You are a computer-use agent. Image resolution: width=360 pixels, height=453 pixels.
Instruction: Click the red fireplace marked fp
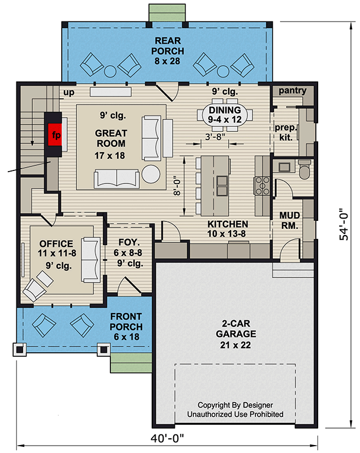[55, 134]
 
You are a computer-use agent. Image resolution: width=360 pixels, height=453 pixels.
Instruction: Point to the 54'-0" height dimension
[344, 224]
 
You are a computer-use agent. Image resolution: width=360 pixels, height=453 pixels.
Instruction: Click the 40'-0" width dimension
[167, 438]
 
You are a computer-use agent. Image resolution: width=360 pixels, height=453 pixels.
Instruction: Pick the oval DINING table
[225, 114]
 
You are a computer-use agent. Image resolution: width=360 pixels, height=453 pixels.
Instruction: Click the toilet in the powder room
[305, 169]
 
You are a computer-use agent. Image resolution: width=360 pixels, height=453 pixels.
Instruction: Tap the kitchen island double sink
[222, 186]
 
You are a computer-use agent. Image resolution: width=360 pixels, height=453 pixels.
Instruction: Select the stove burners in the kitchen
[262, 186]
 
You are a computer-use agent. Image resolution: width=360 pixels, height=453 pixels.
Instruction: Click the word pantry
[293, 91]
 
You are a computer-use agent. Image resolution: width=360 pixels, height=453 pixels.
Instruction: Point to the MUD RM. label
[290, 220]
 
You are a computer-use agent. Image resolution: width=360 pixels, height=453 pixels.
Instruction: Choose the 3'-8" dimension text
[215, 136]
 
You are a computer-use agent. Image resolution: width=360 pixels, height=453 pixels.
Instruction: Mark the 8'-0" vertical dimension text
[177, 187]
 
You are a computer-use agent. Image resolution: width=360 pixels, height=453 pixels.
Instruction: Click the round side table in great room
[151, 174]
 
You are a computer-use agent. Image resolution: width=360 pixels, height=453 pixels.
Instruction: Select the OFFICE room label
[56, 243]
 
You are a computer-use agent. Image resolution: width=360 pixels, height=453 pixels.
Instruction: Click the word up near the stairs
[68, 92]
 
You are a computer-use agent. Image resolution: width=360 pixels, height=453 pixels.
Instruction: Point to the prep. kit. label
[285, 133]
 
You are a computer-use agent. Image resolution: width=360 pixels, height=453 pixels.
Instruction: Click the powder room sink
[284, 166]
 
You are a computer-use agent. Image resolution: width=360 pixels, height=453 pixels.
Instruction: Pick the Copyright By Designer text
[235, 405]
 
